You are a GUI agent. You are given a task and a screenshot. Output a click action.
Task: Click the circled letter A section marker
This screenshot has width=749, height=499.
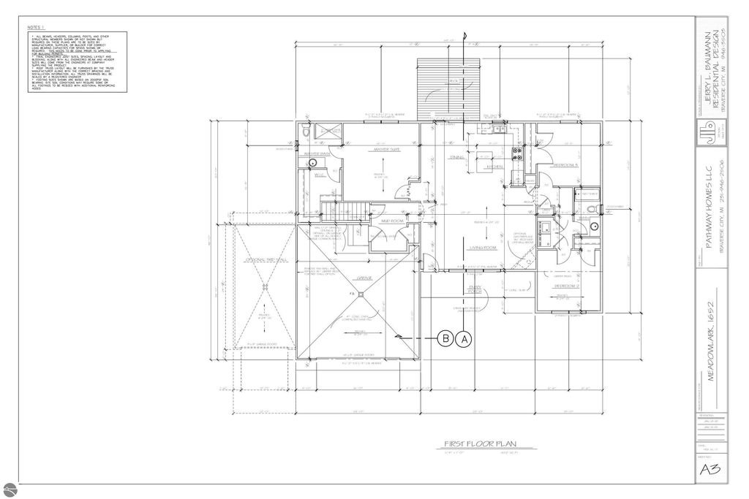(465, 338)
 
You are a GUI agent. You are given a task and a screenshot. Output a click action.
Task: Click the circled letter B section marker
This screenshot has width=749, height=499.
(445, 338)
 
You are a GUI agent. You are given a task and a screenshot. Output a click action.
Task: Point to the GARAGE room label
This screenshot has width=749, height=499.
(365, 278)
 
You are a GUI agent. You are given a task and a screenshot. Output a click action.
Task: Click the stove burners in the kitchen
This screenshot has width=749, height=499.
(516, 153)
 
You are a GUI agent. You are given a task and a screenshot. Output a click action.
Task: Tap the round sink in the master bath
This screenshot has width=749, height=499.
(303, 162)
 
